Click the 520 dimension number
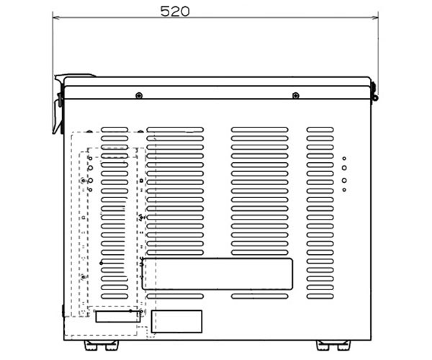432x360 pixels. [x=175, y=12]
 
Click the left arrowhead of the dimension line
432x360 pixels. [x=56, y=17]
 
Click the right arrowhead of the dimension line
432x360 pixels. [x=375, y=17]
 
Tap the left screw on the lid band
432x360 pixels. [x=139, y=96]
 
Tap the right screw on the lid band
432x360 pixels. [x=296, y=96]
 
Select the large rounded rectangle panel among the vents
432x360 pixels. [x=217, y=274]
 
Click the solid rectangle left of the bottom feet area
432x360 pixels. [x=176, y=321]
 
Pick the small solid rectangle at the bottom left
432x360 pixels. [x=117, y=317]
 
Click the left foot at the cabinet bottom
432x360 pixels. [x=102, y=346]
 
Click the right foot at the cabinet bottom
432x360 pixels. [x=333, y=346]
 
